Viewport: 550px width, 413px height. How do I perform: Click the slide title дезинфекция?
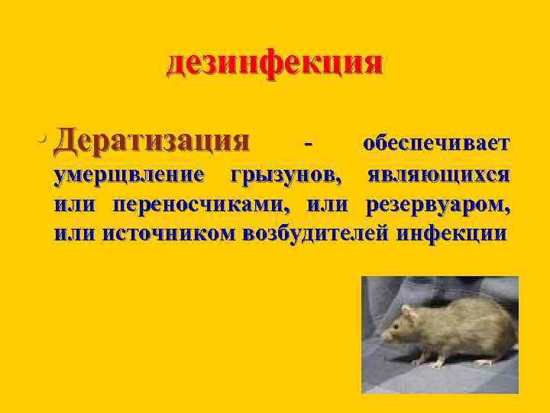tap(274, 63)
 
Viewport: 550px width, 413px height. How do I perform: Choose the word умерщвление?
tap(129, 175)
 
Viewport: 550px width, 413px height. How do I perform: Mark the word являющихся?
tap(438, 175)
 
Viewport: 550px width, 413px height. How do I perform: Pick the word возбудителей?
tap(315, 233)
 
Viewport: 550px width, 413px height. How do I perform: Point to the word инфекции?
tap(451, 233)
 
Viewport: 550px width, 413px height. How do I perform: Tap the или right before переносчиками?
tap(74, 204)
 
